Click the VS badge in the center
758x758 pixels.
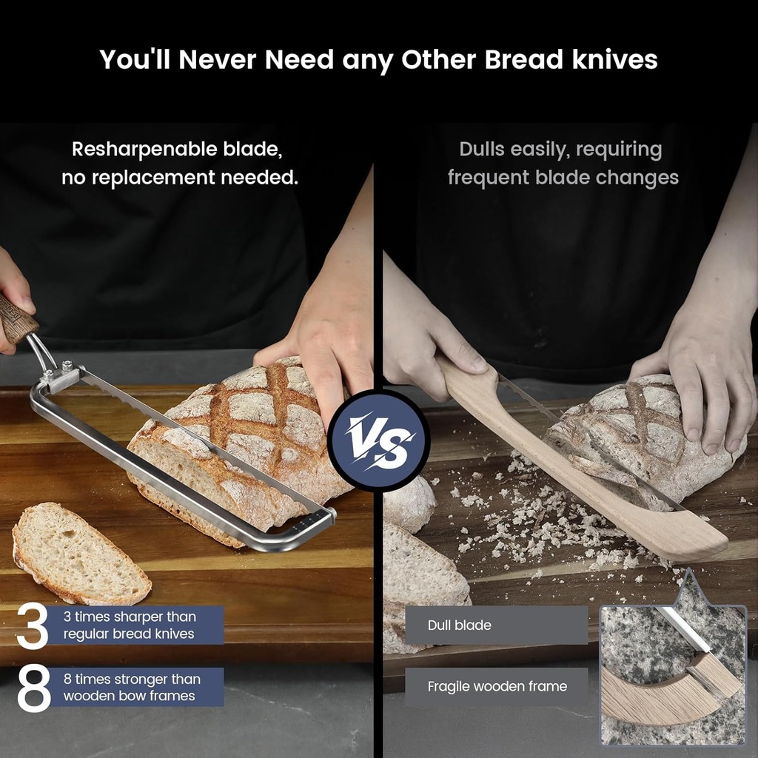pos(378,440)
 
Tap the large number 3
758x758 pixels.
pos(32,625)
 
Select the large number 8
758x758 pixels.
pos(33,688)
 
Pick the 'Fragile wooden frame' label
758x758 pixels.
pos(497,686)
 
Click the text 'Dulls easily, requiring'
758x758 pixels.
pos(560,149)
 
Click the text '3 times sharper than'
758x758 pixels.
pos(130,617)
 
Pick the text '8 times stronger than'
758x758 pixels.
pos(132,679)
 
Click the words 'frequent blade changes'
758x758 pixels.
pos(563,178)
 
